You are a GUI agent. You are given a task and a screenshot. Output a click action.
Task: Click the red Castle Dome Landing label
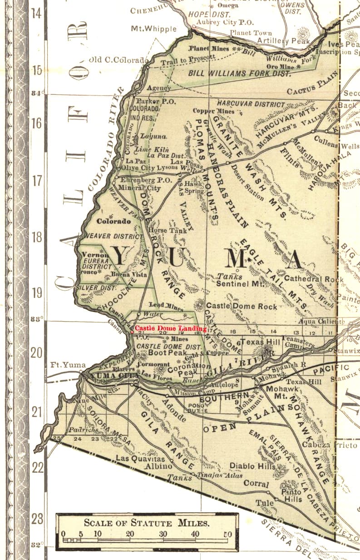171,328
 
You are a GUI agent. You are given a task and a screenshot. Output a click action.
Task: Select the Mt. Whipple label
154,29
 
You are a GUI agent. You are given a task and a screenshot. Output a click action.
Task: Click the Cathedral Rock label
314,279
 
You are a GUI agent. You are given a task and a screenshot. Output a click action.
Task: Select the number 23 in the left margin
37,518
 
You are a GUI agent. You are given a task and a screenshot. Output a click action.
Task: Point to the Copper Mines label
213,111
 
